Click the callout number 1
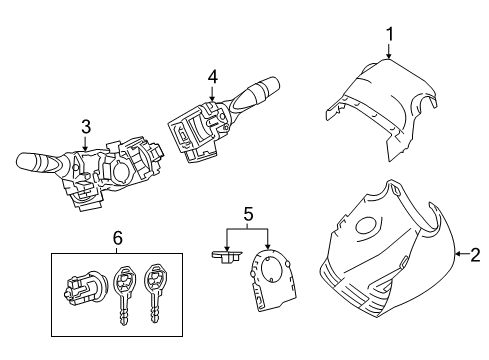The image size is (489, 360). [x=388, y=37]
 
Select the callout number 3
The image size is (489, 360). [x=85, y=126]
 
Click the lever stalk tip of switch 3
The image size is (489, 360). [x=30, y=158]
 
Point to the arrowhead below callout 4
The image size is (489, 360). [x=212, y=96]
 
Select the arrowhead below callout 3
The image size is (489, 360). [x=85, y=149]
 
